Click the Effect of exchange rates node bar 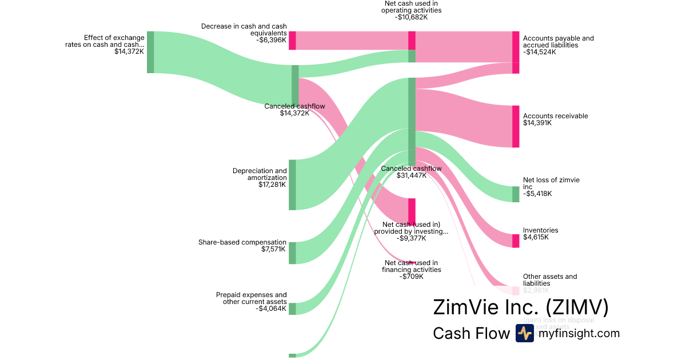click(150, 52)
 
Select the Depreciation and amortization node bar click(292, 185)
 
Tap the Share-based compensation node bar click(292, 253)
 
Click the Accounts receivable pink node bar click(516, 126)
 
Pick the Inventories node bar click(516, 241)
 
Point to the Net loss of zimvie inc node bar click(516, 194)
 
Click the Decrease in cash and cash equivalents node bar click(292, 41)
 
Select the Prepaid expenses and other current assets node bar click(292, 309)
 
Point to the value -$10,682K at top click(412, 17)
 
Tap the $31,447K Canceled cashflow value click(412, 175)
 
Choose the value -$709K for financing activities click(412, 277)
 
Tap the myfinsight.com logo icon click(524, 333)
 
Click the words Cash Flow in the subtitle click(470, 333)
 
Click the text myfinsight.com click(579, 333)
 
